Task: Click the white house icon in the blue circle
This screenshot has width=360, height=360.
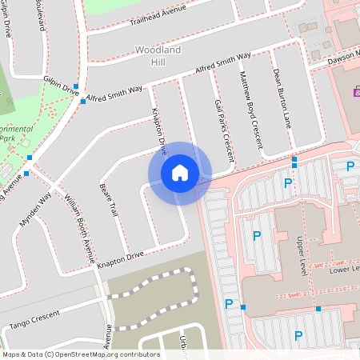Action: (x=179, y=173)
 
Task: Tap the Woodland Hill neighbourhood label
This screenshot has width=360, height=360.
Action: (x=151, y=56)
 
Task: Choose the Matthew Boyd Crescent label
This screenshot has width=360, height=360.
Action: (x=251, y=110)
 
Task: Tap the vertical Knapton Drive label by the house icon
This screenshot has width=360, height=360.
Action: (x=158, y=130)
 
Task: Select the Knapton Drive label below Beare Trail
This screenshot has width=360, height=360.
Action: (x=121, y=257)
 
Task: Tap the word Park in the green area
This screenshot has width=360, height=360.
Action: (x=7, y=138)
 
